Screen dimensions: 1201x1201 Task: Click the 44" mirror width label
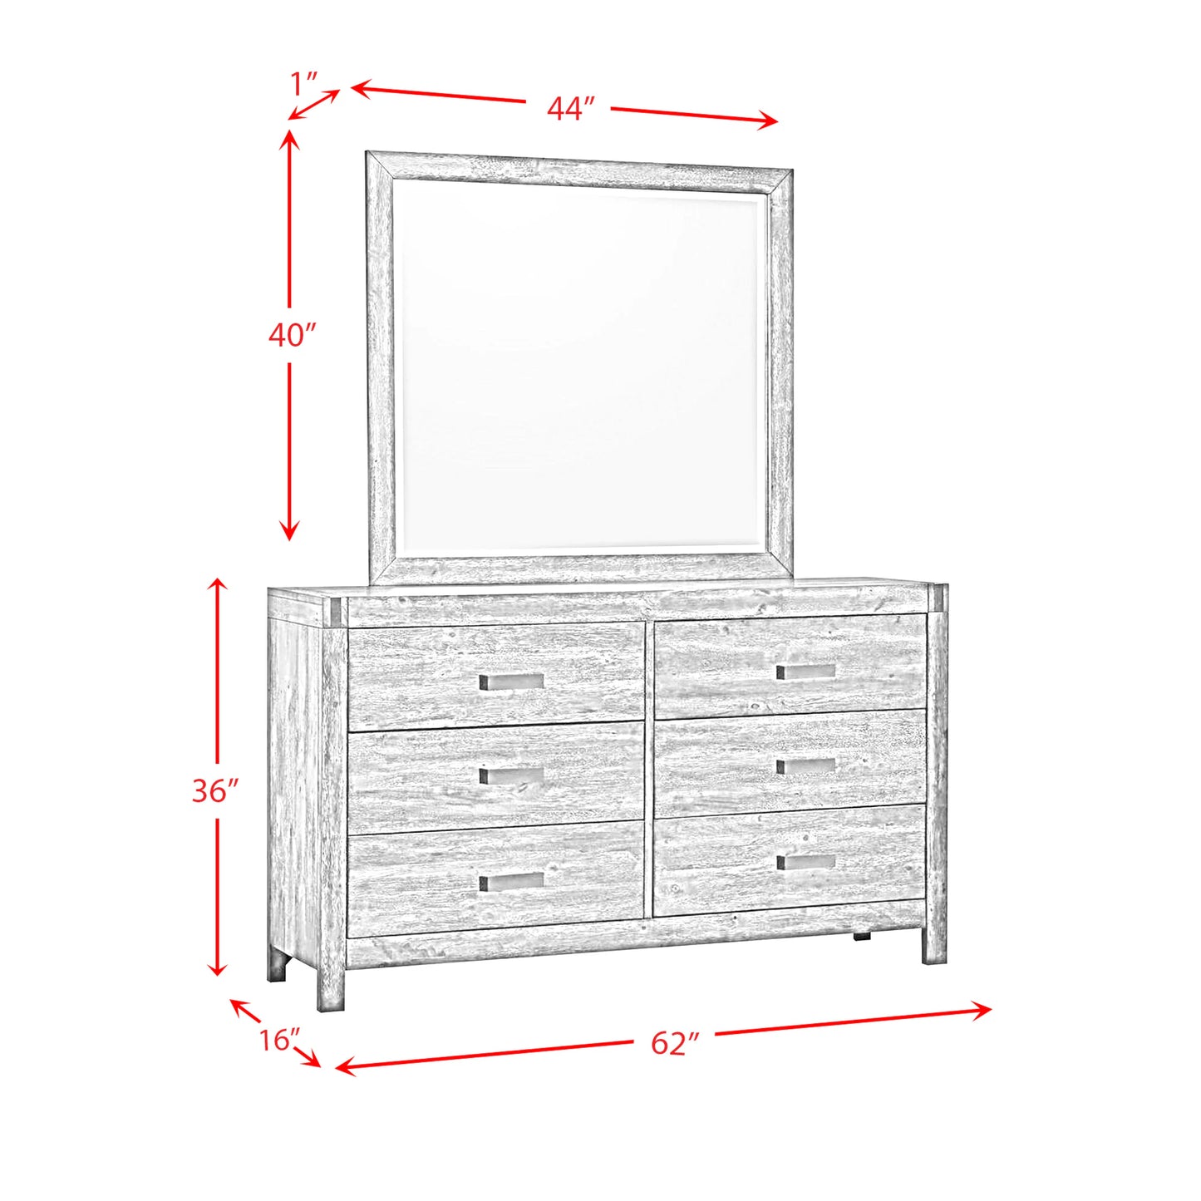[570, 108]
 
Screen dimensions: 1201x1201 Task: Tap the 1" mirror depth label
[304, 83]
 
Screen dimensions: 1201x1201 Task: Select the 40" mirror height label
[292, 335]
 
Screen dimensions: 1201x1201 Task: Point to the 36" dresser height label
[215, 790]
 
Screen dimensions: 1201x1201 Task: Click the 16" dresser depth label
[278, 1039]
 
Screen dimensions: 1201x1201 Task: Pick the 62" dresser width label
[674, 1042]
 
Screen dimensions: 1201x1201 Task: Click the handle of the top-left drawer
[511, 682]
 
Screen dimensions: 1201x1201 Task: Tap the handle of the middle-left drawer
[511, 775]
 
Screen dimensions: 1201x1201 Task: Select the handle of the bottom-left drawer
[511, 881]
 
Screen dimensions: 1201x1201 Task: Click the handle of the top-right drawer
[805, 671]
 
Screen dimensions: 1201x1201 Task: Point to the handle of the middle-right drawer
[805, 765]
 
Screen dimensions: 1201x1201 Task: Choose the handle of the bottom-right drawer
[805, 862]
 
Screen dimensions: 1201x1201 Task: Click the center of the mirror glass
[579, 366]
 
